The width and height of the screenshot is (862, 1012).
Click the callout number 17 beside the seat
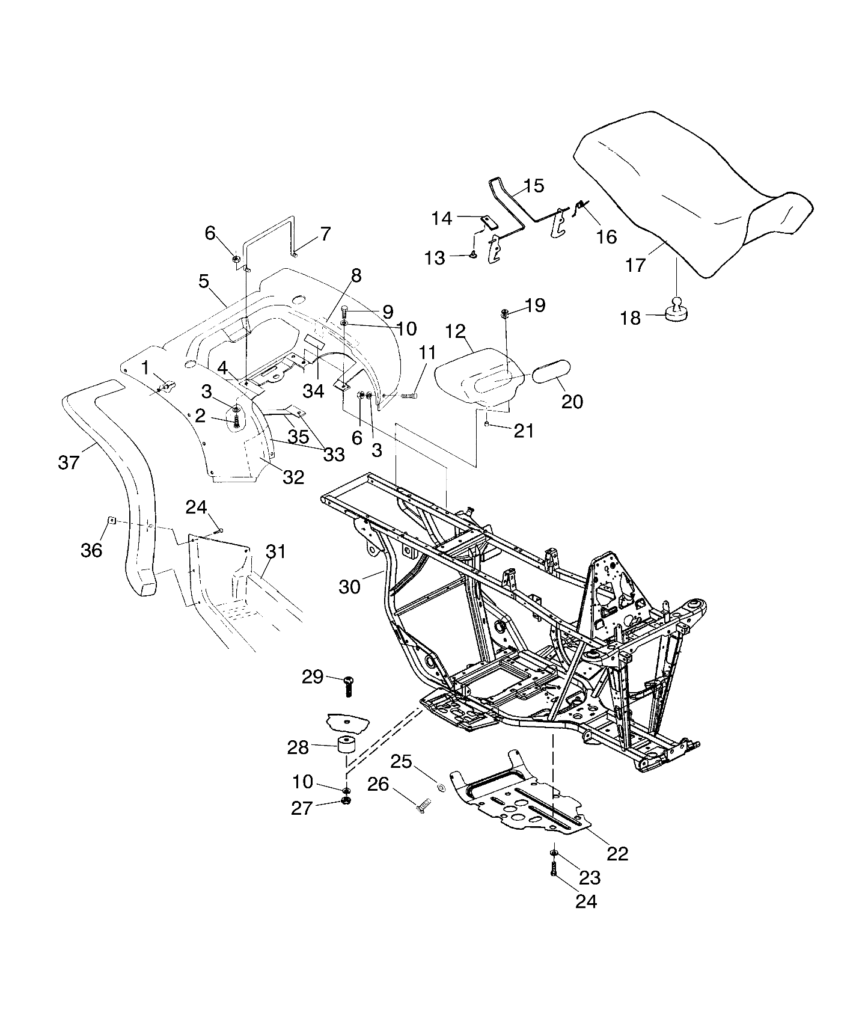pyautogui.click(x=635, y=265)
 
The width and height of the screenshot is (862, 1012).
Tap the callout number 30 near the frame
pyautogui.click(x=349, y=586)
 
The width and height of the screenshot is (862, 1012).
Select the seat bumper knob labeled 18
pyautogui.click(x=677, y=308)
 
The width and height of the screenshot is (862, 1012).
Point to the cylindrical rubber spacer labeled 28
pyautogui.click(x=346, y=746)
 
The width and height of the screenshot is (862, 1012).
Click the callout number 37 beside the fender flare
pyautogui.click(x=69, y=463)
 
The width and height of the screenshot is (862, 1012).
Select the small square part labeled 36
pyautogui.click(x=111, y=520)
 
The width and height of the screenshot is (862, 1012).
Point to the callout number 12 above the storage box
pyautogui.click(x=456, y=331)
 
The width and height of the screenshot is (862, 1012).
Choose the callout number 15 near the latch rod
pyautogui.click(x=533, y=186)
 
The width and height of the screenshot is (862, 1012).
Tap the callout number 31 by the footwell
pyautogui.click(x=276, y=551)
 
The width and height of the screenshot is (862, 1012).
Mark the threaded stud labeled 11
pyautogui.click(x=409, y=395)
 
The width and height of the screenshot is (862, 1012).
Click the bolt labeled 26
pyautogui.click(x=424, y=804)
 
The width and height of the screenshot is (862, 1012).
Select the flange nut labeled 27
pyautogui.click(x=346, y=801)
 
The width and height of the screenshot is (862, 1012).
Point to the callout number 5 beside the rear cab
pyautogui.click(x=203, y=281)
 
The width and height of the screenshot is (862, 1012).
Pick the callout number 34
pyautogui.click(x=313, y=391)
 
